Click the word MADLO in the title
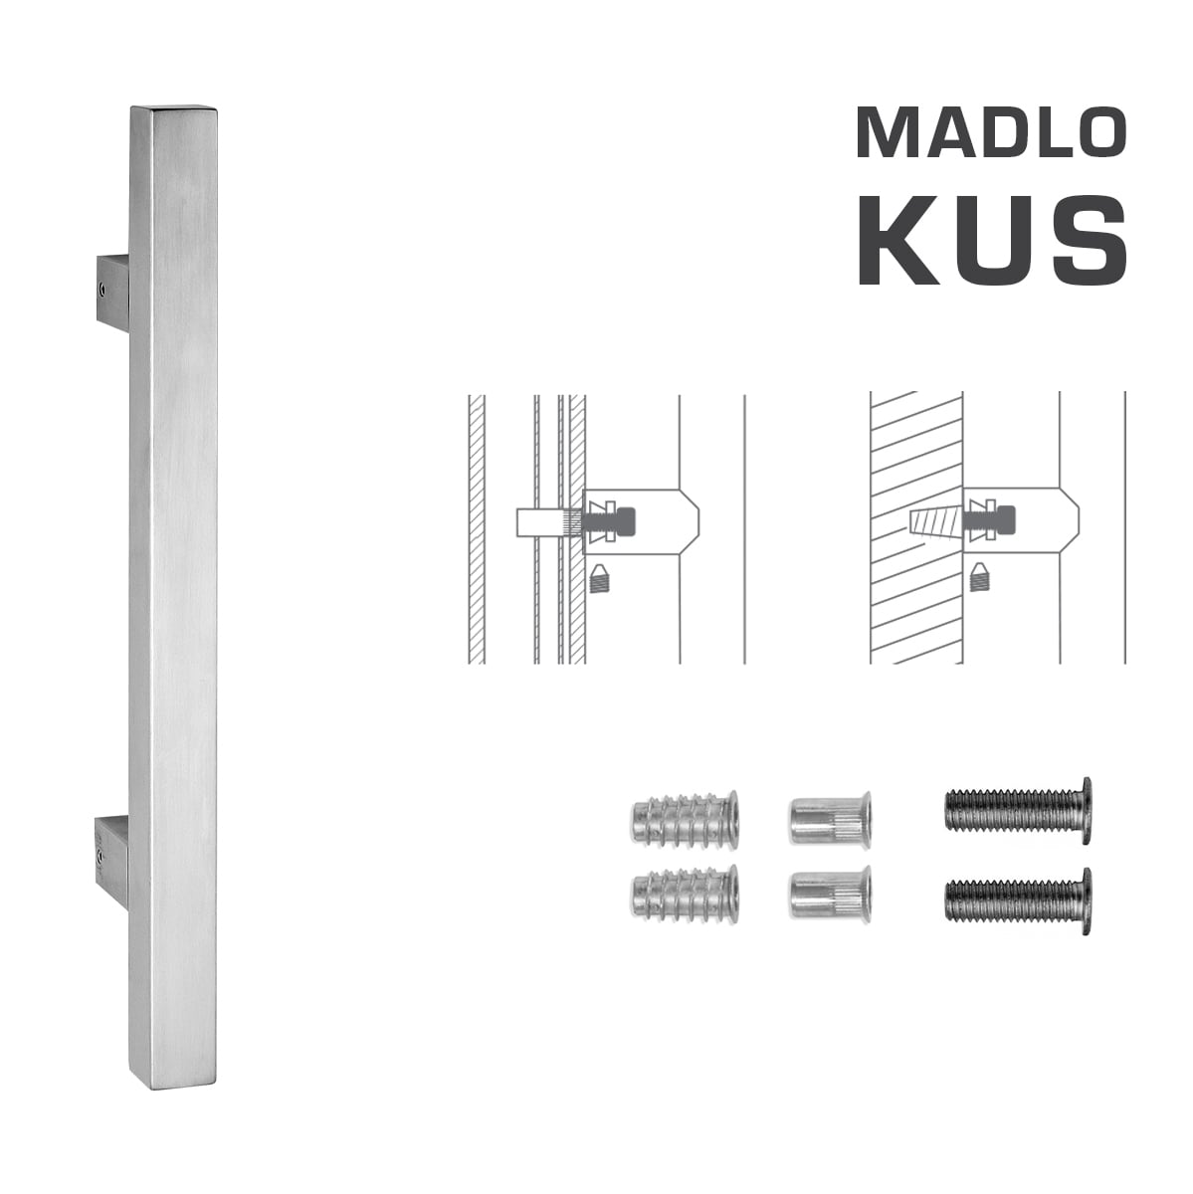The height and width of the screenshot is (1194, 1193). click(x=991, y=132)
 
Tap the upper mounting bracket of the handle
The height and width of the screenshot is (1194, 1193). click(x=112, y=291)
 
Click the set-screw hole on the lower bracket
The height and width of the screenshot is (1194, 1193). click(x=103, y=853)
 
